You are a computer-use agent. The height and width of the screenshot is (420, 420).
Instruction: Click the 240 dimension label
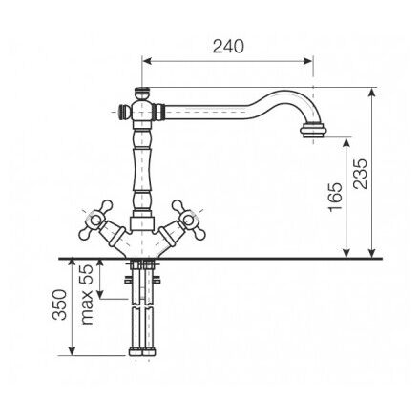(x=228, y=47)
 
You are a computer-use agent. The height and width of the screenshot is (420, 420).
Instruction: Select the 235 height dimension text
(x=361, y=174)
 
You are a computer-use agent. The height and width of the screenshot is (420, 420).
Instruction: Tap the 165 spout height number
(x=335, y=197)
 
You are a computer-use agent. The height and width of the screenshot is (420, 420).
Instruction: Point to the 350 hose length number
(x=60, y=304)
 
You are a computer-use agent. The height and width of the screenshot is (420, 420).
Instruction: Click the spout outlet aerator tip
(x=313, y=132)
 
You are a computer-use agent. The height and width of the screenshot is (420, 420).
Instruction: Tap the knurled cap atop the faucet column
(x=142, y=93)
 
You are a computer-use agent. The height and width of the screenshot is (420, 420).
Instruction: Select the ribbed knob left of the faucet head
(x=123, y=113)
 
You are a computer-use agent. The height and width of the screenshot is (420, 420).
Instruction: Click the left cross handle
(x=95, y=220)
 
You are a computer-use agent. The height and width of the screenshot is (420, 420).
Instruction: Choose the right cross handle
(x=188, y=220)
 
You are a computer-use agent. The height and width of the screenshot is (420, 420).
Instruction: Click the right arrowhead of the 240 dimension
(x=308, y=61)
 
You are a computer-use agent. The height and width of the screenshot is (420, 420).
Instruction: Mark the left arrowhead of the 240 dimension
(x=147, y=61)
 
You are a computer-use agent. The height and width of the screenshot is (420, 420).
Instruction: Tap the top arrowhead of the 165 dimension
(x=346, y=142)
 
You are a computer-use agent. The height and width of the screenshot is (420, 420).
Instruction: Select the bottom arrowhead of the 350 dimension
(x=73, y=350)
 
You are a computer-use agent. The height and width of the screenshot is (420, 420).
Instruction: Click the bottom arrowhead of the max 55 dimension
(x=100, y=294)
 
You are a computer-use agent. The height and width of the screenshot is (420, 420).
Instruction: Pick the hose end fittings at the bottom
(x=142, y=351)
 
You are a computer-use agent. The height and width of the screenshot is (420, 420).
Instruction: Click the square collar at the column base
(x=142, y=223)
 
